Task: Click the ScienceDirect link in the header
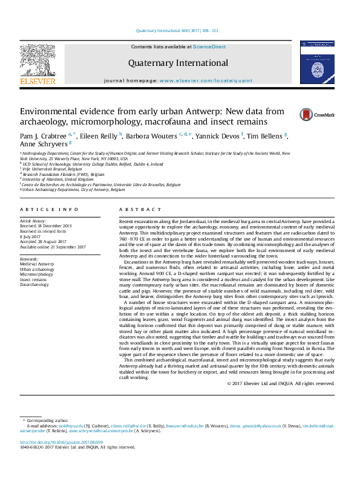pyautogui.click(x=209, y=47)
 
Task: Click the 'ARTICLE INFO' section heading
pyautogui.click(x=50, y=209)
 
